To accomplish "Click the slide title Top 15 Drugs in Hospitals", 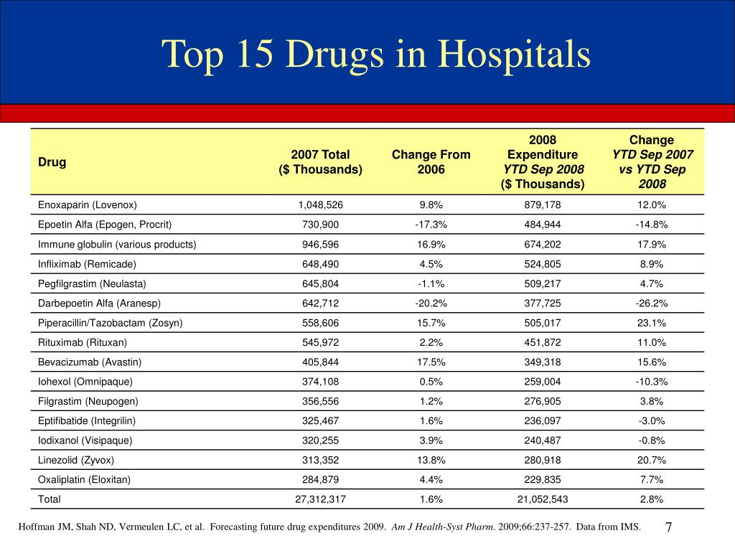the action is coord(376,55).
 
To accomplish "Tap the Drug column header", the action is coord(52,162).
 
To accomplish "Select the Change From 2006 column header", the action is coord(431,161).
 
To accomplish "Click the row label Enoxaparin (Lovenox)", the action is coord(87,204).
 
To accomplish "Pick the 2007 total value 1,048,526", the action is coord(321,204).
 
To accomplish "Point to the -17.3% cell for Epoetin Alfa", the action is coord(431,225).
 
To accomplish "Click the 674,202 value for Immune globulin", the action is coord(543,244).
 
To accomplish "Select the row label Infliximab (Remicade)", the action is coord(87,264).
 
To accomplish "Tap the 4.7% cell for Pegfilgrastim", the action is coord(652,283).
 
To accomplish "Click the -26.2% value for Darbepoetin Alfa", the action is coord(652,303).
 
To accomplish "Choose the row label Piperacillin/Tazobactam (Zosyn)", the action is coord(110,323).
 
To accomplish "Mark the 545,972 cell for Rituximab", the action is coord(321,342).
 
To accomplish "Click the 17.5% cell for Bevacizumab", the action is coord(431,362).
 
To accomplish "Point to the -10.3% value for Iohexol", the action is coord(652,382).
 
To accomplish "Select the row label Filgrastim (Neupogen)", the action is coord(88,402).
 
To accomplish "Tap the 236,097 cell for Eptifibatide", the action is coord(543,420).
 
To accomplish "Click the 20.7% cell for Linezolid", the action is coord(652,460).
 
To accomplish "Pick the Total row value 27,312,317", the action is coord(321,499).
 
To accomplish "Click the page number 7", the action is coord(669,527).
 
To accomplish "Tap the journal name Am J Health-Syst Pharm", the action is coord(443,527).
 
